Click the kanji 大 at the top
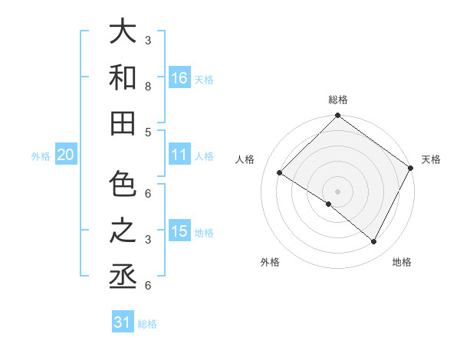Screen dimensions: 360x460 coord(123,32)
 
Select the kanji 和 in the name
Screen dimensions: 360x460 coord(123,78)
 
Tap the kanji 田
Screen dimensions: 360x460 coord(123,123)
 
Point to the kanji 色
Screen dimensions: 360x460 coord(123,185)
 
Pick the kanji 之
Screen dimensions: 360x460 coord(123,231)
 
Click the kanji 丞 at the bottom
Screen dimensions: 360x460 coord(123,277)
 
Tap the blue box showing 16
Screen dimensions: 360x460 coord(179,77)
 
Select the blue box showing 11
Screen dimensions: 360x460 coord(179,155)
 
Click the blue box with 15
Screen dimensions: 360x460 coord(179,231)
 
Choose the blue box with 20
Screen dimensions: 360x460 coord(65,155)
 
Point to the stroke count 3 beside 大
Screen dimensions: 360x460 coord(148,40)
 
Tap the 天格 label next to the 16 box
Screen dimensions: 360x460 coord(204,79)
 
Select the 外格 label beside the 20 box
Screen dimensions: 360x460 coord(41,156)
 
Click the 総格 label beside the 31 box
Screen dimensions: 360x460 coord(147,324)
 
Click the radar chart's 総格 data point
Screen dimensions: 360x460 coord(337,116)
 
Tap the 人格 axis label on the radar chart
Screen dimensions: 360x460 coord(245,159)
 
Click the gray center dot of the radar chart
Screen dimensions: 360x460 coord(337,191)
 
